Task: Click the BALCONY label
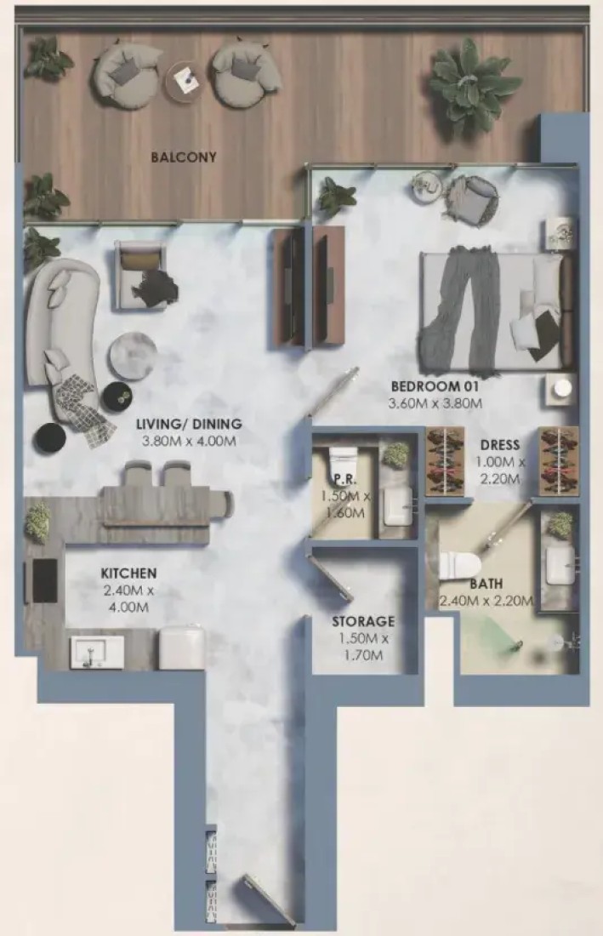[x=184, y=157]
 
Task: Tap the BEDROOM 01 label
[x=435, y=387]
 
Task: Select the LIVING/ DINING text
[x=189, y=425]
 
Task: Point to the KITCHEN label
[x=128, y=574]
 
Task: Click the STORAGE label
[x=363, y=621]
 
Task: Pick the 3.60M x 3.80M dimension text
[x=435, y=403]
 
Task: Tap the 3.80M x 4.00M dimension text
[x=189, y=442]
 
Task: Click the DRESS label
[x=500, y=445]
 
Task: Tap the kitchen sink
[x=97, y=651]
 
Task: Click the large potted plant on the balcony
[x=470, y=83]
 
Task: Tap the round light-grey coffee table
[x=133, y=355]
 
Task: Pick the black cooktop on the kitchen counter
[x=44, y=581]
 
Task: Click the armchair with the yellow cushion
[x=140, y=275]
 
